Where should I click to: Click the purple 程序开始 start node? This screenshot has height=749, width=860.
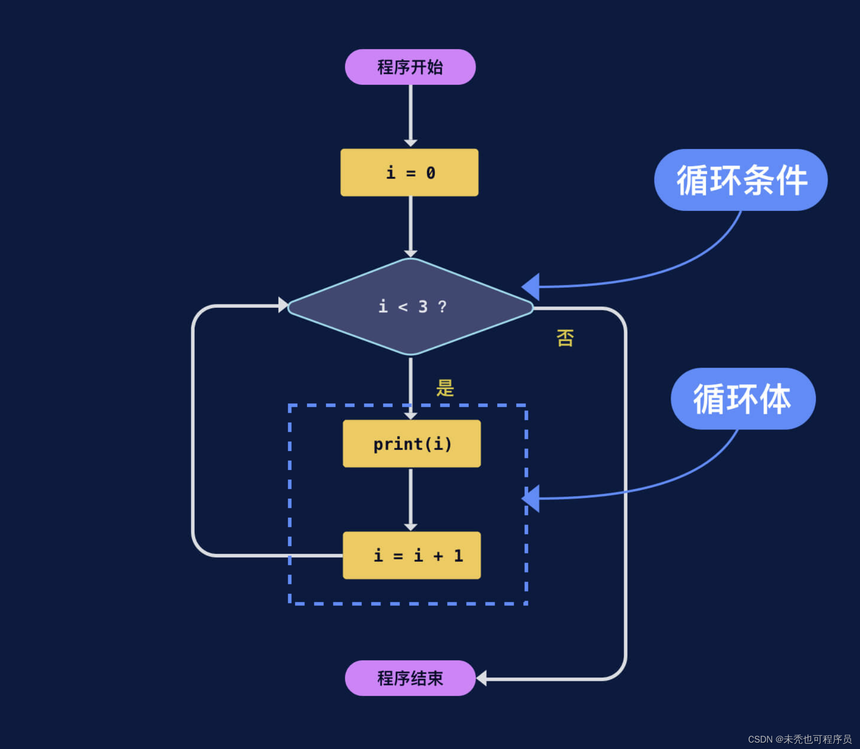(x=410, y=67)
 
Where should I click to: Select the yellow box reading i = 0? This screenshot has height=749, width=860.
(x=409, y=173)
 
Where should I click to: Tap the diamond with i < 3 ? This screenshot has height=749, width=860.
(x=410, y=307)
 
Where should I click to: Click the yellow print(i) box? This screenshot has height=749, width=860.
(x=411, y=444)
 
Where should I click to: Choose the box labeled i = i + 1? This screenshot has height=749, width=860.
(x=411, y=555)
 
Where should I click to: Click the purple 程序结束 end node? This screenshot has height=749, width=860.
(x=410, y=678)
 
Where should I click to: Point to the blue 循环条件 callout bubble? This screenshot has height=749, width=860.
(x=740, y=180)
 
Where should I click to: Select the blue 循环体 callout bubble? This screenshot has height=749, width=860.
(x=742, y=399)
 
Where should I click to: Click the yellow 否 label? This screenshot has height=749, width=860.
(x=565, y=338)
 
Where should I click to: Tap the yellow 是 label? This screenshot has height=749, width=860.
(x=445, y=388)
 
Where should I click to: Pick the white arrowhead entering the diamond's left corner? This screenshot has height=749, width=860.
(x=283, y=304)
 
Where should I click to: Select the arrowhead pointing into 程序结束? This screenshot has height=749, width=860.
(x=481, y=678)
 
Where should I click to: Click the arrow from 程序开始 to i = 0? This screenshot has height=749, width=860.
(x=410, y=115)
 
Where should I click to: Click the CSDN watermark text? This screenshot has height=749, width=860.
(x=799, y=739)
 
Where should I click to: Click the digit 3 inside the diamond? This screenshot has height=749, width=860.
(x=423, y=307)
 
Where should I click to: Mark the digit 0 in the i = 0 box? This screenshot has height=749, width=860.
(x=430, y=173)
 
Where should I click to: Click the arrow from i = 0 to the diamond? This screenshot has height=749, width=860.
(x=410, y=225)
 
